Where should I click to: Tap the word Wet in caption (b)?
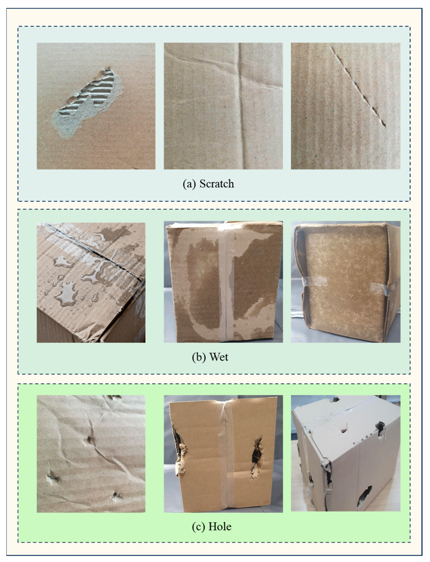pos(219,357)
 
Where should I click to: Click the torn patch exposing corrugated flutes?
pos(87,102)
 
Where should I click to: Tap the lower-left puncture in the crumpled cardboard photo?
pos(53,477)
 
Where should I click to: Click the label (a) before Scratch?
pos(189,184)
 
